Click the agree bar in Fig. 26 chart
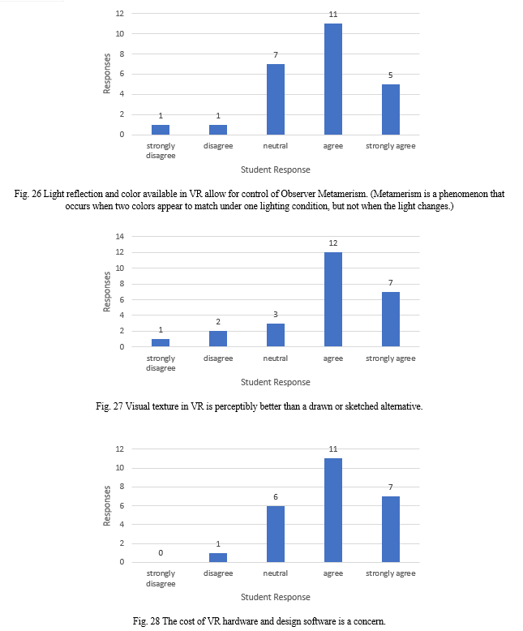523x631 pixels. pyautogui.click(x=333, y=79)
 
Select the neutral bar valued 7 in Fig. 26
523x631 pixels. pyautogui.click(x=276, y=100)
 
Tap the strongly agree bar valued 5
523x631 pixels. pyautogui.click(x=391, y=109)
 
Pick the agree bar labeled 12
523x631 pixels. pyautogui.click(x=333, y=299)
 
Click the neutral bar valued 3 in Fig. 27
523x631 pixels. pyautogui.click(x=276, y=335)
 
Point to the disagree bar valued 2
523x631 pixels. pyautogui.click(x=218, y=339)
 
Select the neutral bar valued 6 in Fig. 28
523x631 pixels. pyautogui.click(x=276, y=534)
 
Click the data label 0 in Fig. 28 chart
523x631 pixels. pyautogui.click(x=161, y=553)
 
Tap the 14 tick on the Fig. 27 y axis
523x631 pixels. pyautogui.click(x=120, y=237)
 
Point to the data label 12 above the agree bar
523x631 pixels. pyautogui.click(x=333, y=243)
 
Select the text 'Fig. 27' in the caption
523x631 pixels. pyautogui.click(x=109, y=406)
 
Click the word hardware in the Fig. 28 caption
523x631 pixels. pyautogui.click(x=240, y=621)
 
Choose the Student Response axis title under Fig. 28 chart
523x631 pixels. pyautogui.click(x=276, y=597)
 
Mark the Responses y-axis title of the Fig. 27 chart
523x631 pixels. pyautogui.click(x=106, y=292)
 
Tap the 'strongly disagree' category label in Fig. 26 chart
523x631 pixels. pyautogui.click(x=161, y=151)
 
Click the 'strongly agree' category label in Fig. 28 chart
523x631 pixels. pyautogui.click(x=391, y=573)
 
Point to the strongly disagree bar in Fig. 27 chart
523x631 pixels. pyautogui.click(x=161, y=343)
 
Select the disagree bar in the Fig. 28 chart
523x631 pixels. pyautogui.click(x=218, y=558)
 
